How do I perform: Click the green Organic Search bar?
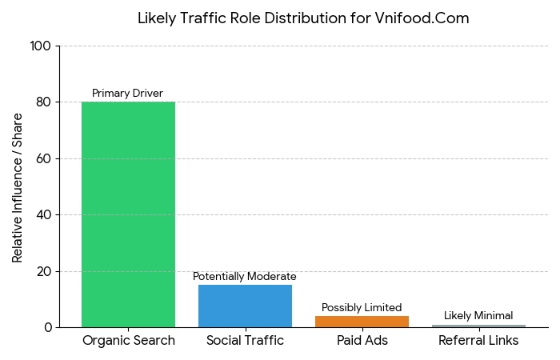tap(128, 214)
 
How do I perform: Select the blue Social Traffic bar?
tap(245, 306)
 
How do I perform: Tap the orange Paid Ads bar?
tap(362, 322)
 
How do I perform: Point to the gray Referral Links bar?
tap(478, 326)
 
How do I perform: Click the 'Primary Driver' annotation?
tap(128, 93)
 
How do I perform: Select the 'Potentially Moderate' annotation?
tap(245, 276)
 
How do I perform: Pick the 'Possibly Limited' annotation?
tap(362, 307)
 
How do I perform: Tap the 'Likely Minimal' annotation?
tap(478, 315)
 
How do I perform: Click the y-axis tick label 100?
tap(40, 46)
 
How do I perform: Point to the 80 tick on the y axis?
tap(43, 102)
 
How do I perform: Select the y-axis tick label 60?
tap(43, 158)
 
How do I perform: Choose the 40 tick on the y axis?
tap(43, 215)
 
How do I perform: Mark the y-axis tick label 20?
tap(43, 271)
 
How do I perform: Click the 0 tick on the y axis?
tap(47, 327)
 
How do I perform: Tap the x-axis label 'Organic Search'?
tap(128, 341)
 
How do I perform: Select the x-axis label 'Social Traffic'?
tap(245, 341)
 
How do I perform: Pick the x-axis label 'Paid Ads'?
tap(362, 341)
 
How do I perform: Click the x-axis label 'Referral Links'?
tap(478, 341)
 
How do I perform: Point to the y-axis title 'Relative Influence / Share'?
tap(18, 187)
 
